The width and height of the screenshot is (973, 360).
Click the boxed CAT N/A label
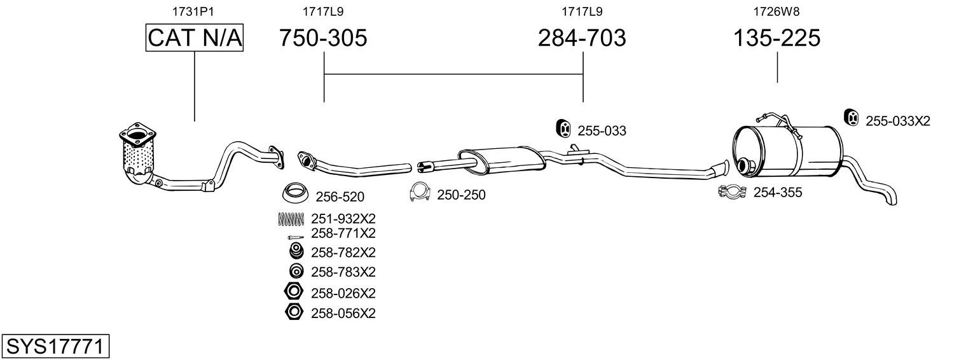pyautogui.click(x=194, y=38)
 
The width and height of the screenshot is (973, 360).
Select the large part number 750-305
pyautogui.click(x=323, y=38)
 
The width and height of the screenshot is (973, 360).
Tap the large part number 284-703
pyautogui.click(x=582, y=38)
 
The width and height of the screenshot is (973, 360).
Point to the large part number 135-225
pyautogui.click(x=776, y=38)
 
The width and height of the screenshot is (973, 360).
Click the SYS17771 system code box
pyautogui.click(x=55, y=347)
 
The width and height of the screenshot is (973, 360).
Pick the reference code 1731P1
pyautogui.click(x=193, y=11)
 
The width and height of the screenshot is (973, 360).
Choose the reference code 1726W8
pyautogui.click(x=776, y=11)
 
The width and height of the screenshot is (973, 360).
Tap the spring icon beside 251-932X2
pyautogui.click(x=291, y=219)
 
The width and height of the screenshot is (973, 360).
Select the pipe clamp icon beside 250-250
pyautogui.click(x=420, y=192)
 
